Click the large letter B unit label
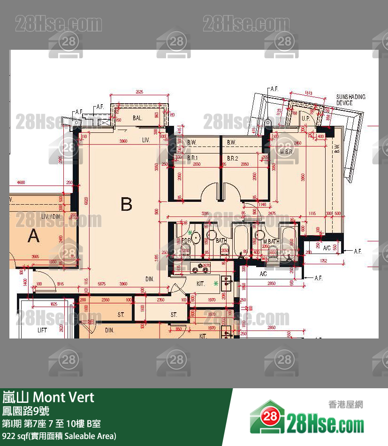coord(126,204)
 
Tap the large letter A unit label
coord(34,236)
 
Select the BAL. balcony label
coord(137,118)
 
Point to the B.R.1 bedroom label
coord(193,159)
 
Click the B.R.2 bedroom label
coord(233,159)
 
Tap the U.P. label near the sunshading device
coord(305,118)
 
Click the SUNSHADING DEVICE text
coord(350,100)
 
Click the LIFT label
coord(42,330)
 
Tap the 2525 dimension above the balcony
coord(139,92)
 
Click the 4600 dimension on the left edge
coord(20,181)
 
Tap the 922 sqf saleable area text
coord(59,436)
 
